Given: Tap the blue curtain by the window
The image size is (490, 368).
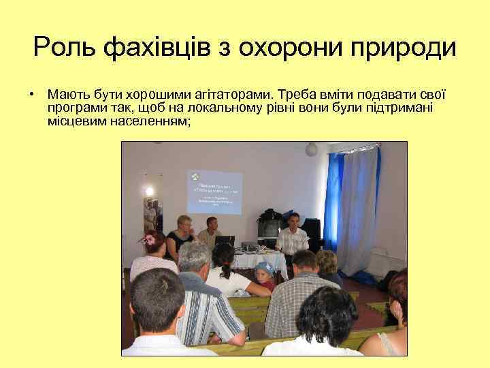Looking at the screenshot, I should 336,198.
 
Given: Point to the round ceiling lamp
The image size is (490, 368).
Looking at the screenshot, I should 311,149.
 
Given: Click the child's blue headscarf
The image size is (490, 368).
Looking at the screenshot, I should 265,268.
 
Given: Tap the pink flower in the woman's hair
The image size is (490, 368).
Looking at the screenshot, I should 146,239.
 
